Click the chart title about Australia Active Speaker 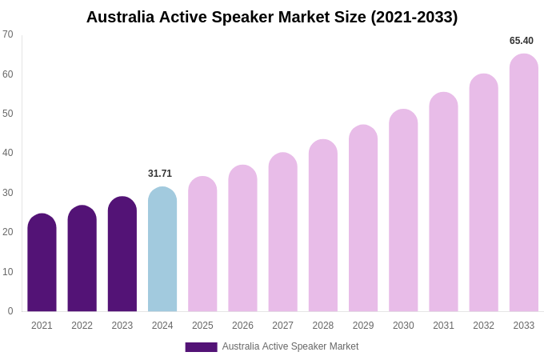tap(272, 17)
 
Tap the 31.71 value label tap(160, 174)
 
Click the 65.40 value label tap(522, 41)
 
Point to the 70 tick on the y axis tap(8, 34)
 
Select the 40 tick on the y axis tap(8, 153)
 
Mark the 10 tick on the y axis tap(8, 272)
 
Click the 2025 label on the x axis tap(202, 326)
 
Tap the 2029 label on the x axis tap(363, 326)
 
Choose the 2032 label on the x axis tap(483, 326)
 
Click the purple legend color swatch tap(201, 347)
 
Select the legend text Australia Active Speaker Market tap(290, 346)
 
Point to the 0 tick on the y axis tap(10, 311)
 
